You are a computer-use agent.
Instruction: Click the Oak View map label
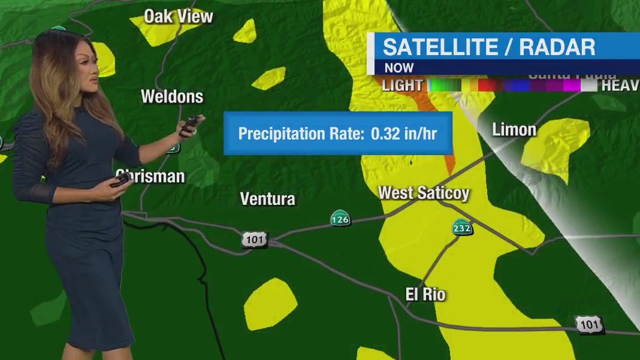pos(179,17)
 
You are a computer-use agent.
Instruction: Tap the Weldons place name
pos(172,96)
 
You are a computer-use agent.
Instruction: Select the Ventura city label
pos(267,199)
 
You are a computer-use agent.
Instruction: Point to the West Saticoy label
pos(424,193)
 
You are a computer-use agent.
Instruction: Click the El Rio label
pos(425,294)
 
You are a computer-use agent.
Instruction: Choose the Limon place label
pos(514,129)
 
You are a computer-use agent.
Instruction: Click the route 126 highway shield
pos(340,219)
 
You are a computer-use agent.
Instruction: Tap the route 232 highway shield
pos(462,227)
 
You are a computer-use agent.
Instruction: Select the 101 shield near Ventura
pos(254,240)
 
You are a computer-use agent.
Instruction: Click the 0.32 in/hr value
pos(404,133)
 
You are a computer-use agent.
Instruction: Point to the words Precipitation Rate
pos(301,133)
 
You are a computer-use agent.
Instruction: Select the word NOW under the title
pos(399,68)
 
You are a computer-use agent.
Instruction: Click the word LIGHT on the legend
pos(402,86)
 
